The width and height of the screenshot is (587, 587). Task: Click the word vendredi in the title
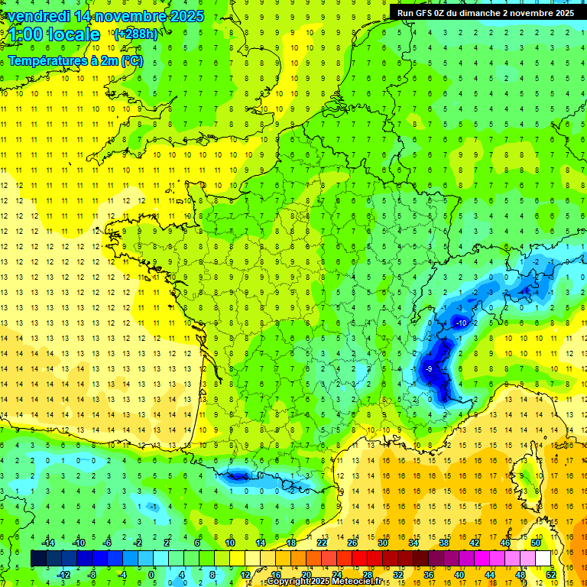click(x=39, y=16)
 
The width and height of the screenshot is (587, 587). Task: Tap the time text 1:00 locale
click(x=54, y=34)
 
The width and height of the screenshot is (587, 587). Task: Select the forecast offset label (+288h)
click(x=135, y=34)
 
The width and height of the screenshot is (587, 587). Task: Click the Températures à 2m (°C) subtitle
click(x=75, y=60)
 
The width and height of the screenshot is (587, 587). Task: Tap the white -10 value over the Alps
click(x=461, y=323)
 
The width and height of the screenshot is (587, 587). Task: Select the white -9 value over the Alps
click(x=428, y=369)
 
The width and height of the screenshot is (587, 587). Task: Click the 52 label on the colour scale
click(x=551, y=574)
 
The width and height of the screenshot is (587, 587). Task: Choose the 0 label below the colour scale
click(x=151, y=574)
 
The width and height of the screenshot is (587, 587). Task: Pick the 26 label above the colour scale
click(x=352, y=543)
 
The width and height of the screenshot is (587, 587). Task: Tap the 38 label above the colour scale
click(x=443, y=543)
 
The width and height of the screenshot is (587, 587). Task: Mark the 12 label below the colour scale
click(x=245, y=574)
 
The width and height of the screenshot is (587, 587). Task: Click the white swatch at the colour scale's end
click(x=543, y=558)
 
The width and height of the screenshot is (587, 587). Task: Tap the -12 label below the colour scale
click(x=64, y=574)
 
